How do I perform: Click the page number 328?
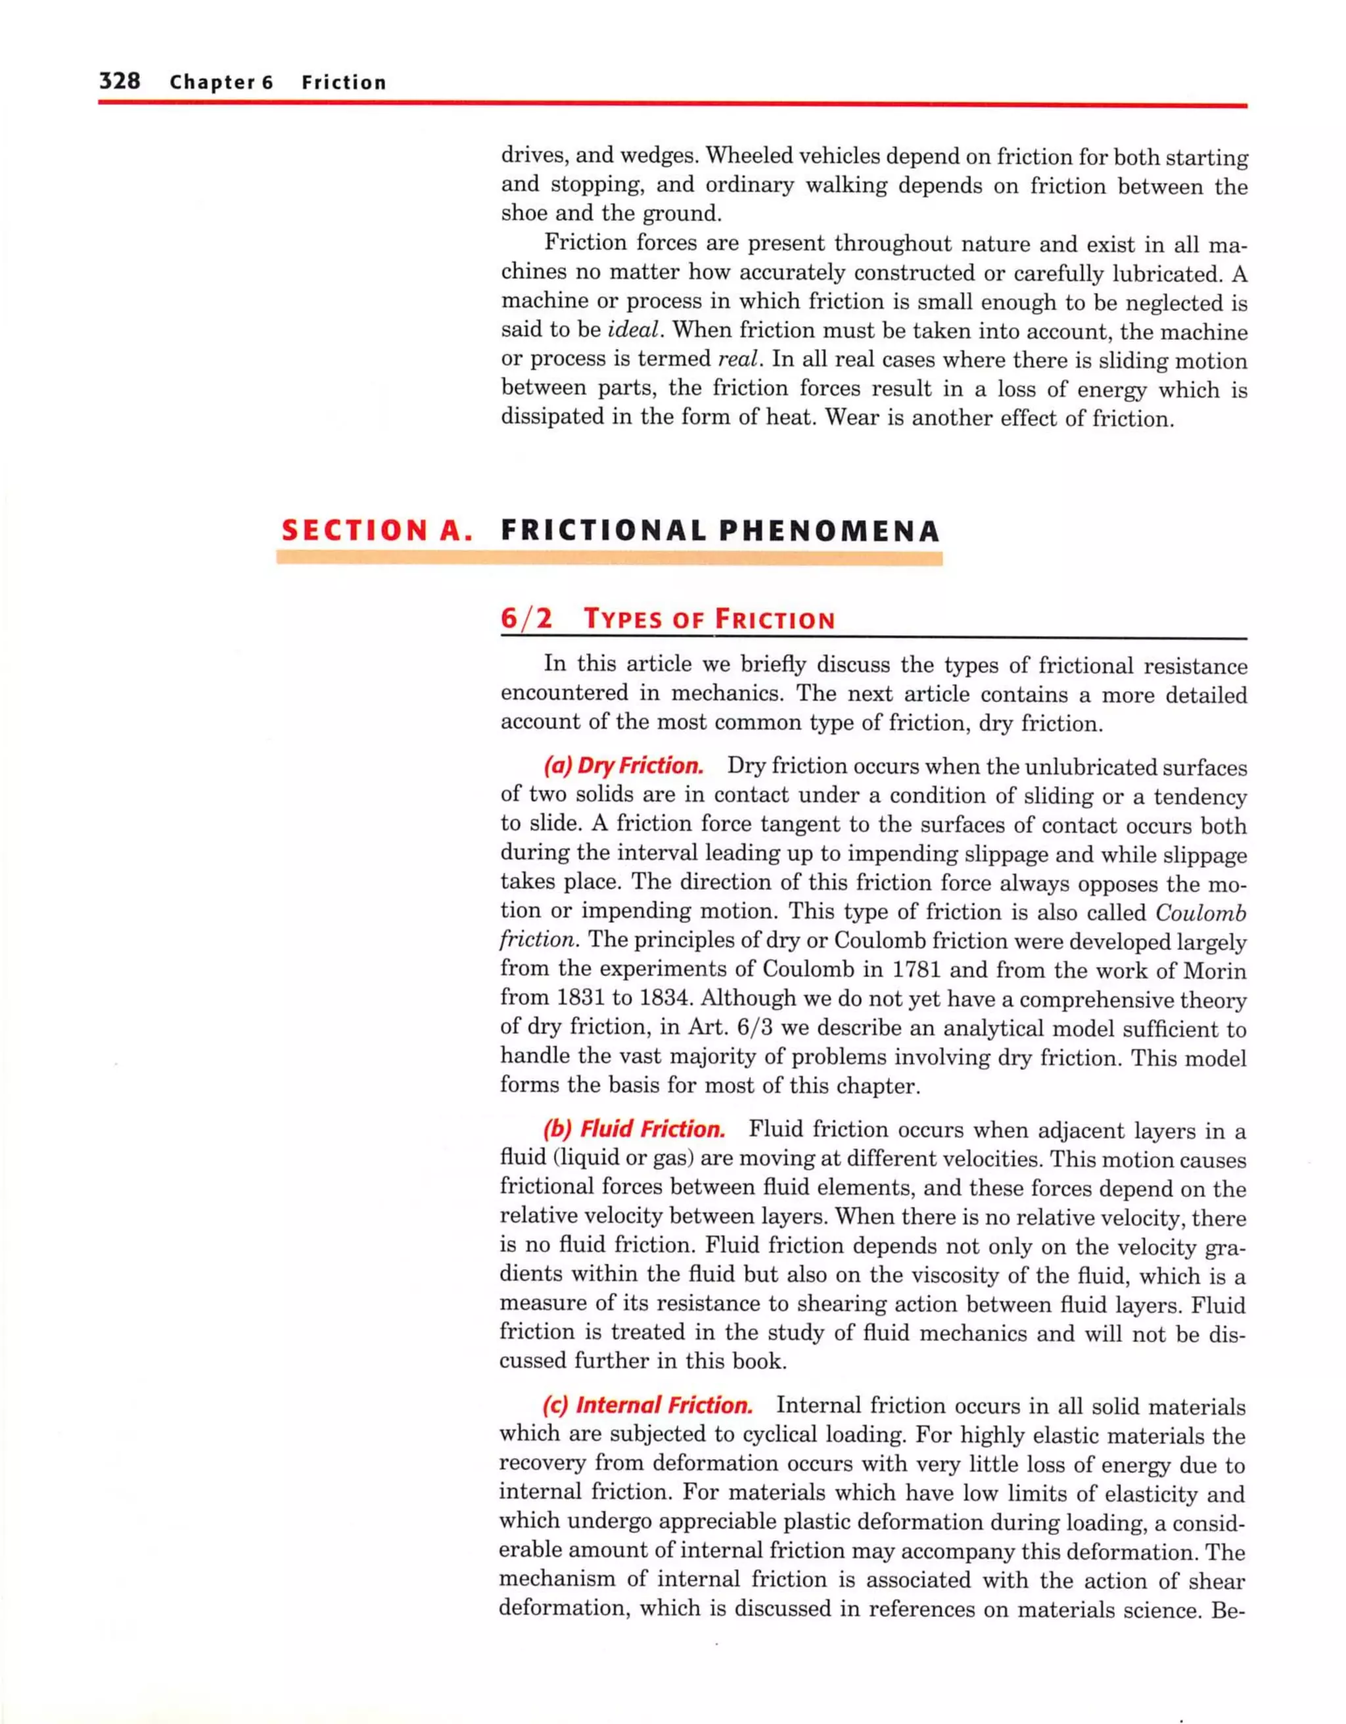(x=119, y=81)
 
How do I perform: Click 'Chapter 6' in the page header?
(x=221, y=82)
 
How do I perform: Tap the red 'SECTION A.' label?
(x=377, y=530)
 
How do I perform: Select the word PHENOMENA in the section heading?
(x=829, y=530)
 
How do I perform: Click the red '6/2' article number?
(x=526, y=618)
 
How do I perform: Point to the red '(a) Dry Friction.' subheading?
(x=623, y=766)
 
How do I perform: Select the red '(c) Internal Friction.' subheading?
(x=647, y=1405)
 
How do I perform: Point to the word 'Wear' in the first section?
(x=852, y=419)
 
